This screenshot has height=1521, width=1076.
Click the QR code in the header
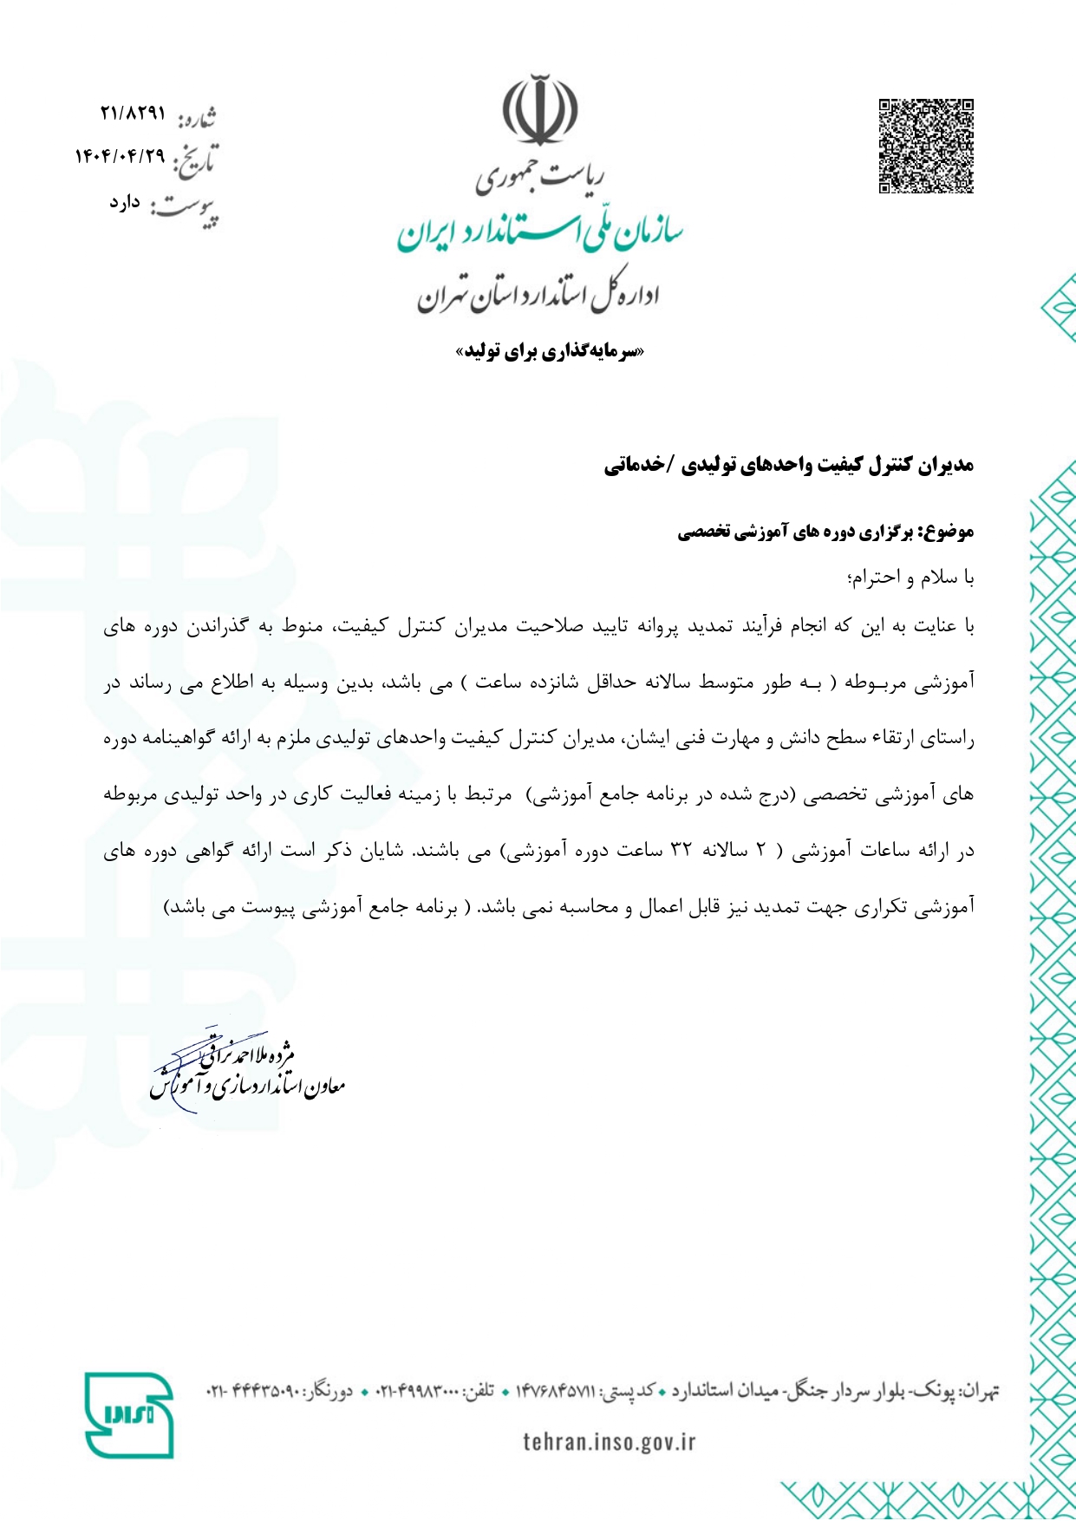pos(926,146)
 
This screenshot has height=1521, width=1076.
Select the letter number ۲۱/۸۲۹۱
pos(132,114)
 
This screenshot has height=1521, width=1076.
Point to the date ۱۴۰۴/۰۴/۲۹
pos(120,156)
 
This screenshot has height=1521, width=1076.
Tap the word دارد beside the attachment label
pos(125,203)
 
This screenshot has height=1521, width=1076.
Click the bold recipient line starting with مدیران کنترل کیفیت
pos(789,466)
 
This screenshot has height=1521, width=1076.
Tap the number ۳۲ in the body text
pos(681,852)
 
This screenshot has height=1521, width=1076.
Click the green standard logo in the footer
pos(129,1414)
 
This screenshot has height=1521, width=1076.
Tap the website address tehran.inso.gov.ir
pos(609,1442)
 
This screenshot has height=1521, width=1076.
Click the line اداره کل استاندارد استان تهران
pos(538,296)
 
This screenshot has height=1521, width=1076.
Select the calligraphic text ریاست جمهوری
pos(539,177)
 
